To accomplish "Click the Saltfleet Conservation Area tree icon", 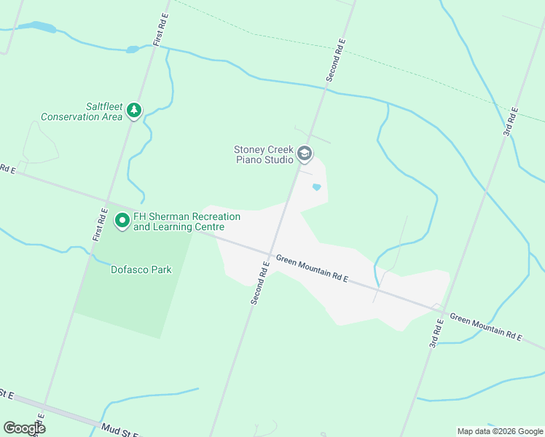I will pyautogui.click(x=133, y=110).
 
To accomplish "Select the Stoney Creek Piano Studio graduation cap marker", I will pyautogui.click(x=305, y=154).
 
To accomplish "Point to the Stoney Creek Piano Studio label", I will pyautogui.click(x=264, y=154).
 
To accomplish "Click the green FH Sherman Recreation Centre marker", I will pyautogui.click(x=122, y=219).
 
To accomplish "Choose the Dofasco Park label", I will pyautogui.click(x=141, y=269).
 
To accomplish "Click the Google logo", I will pyautogui.click(x=25, y=428).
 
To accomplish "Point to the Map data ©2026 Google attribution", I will pyautogui.click(x=499, y=431).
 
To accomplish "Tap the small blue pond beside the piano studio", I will pyautogui.click(x=316, y=187).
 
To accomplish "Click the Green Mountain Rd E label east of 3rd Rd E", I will pyautogui.click(x=486, y=327).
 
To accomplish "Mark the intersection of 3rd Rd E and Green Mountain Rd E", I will pyautogui.click(x=442, y=311).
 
